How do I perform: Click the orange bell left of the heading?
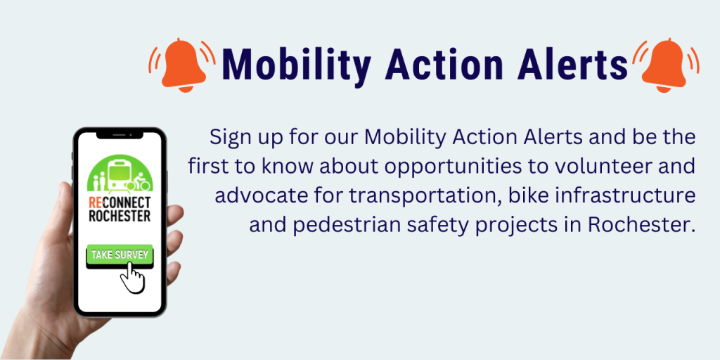(182, 65)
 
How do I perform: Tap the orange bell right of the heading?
(665, 65)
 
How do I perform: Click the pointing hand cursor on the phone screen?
(132, 277)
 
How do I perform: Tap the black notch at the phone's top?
(120, 135)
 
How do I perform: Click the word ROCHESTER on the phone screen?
(120, 216)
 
